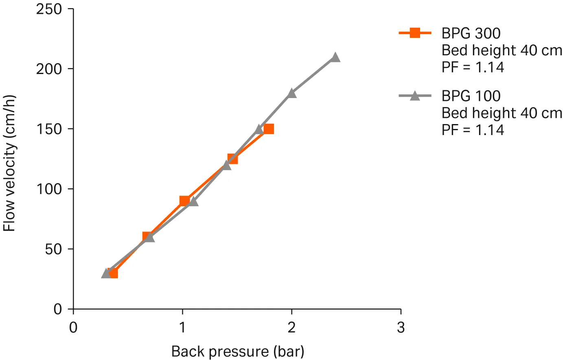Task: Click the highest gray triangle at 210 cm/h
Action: pyautogui.click(x=335, y=57)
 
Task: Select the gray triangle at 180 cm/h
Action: pyautogui.click(x=291, y=94)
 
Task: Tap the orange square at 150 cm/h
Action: pyautogui.click(x=268, y=129)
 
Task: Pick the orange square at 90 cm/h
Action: pyautogui.click(x=184, y=201)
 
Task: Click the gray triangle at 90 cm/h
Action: pyautogui.click(x=193, y=201)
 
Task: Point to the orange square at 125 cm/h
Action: pyautogui.click(x=232, y=159)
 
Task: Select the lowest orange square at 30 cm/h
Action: pyautogui.click(x=113, y=273)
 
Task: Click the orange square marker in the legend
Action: pyautogui.click(x=415, y=33)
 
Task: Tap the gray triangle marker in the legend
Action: pyautogui.click(x=415, y=96)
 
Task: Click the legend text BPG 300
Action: pyautogui.click(x=471, y=33)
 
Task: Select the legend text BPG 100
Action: pyautogui.click(x=471, y=96)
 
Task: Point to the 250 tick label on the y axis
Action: pyautogui.click(x=49, y=9)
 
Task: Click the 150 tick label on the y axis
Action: pyautogui.click(x=49, y=129)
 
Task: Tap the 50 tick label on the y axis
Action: pyautogui.click(x=53, y=249)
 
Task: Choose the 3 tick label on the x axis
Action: pyautogui.click(x=401, y=327)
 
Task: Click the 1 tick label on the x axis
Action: pyautogui.click(x=182, y=327)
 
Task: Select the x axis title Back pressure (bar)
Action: pyautogui.click(x=238, y=351)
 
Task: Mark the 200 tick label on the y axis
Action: pyautogui.click(x=49, y=69)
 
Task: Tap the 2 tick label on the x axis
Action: pyautogui.click(x=291, y=327)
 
